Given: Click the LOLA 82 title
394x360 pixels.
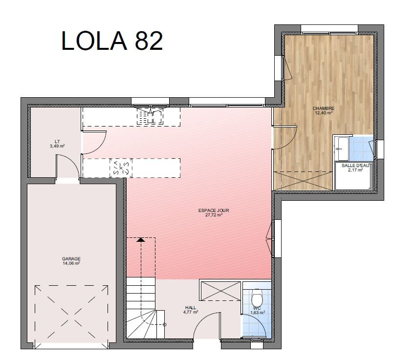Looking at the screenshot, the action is [x=112, y=41].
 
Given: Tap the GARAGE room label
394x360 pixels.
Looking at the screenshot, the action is [x=71, y=259].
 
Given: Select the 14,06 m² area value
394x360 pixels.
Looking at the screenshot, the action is [x=71, y=263].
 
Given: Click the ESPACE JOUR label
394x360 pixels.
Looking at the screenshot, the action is [x=214, y=211].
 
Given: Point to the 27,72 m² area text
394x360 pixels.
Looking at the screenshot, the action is [x=214, y=215].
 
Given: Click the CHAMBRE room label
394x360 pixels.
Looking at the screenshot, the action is [x=324, y=108].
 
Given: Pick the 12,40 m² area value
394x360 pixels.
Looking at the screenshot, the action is [x=324, y=113].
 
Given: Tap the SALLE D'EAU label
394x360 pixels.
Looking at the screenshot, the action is [x=355, y=166].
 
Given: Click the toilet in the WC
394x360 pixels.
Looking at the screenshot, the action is [x=257, y=297].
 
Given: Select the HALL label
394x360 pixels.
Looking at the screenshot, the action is [x=191, y=308].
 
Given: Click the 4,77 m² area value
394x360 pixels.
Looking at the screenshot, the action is [x=191, y=312].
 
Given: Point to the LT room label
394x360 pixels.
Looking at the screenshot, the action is [x=57, y=141].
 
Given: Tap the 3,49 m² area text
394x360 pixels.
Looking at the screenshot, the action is [x=57, y=146].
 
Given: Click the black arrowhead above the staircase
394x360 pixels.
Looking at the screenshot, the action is [x=141, y=239].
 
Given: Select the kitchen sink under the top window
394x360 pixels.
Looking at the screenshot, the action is [x=150, y=115].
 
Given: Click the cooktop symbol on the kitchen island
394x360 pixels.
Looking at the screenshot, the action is [x=121, y=168].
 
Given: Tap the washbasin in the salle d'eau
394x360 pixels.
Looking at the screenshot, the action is [x=342, y=148].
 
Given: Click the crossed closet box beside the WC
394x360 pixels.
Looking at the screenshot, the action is [x=220, y=291].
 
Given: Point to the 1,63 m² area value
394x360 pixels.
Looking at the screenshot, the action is [x=258, y=313].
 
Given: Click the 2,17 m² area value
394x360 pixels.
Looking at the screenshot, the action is [x=355, y=170].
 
